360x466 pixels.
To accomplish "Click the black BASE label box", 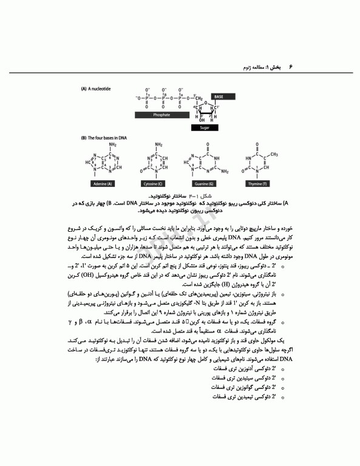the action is coord(217,96).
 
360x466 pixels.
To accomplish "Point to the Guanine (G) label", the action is coord(205,183).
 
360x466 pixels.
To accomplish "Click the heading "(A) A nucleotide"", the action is coord(96,89).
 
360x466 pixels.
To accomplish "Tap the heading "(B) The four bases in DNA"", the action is coord(104,138).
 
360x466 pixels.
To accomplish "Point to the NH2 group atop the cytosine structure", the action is coord(159,145).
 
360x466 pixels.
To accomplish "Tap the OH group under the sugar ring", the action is coord(194,120).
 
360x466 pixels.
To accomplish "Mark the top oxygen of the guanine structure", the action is coord(208,146).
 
